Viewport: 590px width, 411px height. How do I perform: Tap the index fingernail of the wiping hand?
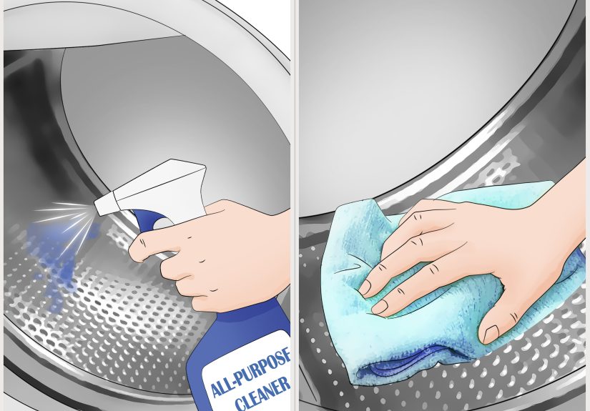click(x=365, y=287)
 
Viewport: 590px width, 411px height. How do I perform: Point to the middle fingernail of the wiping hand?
click(x=380, y=307)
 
